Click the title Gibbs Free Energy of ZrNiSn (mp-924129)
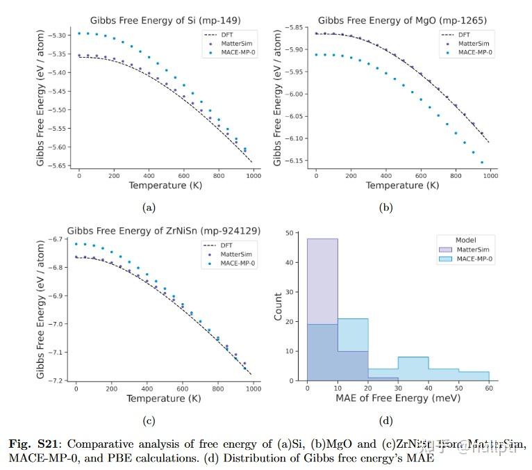[x=159, y=231]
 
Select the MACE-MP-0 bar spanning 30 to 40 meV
[x=413, y=368]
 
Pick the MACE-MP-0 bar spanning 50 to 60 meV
[x=474, y=376]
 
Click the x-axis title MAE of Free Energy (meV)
[x=398, y=399]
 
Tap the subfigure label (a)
[x=149, y=207]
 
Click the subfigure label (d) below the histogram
[x=386, y=420]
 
